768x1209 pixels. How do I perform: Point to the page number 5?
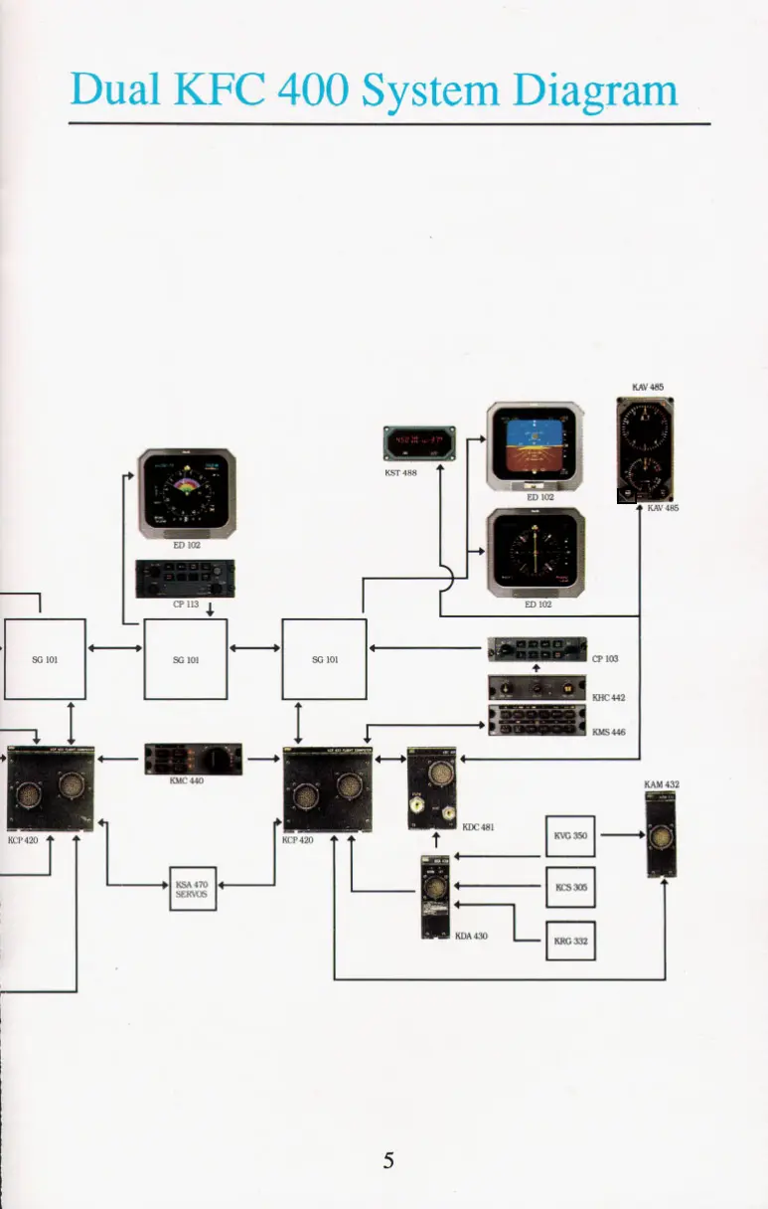pyautogui.click(x=388, y=1159)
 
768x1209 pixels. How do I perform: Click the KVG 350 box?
pyautogui.click(x=570, y=836)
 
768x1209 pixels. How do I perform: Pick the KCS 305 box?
pyautogui.click(x=570, y=888)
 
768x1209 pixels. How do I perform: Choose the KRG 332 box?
pyautogui.click(x=570, y=940)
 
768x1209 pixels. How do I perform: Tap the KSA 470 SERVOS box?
pyautogui.click(x=189, y=888)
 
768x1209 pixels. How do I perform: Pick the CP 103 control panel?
pyautogui.click(x=537, y=651)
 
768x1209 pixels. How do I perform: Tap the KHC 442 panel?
pyautogui.click(x=537, y=689)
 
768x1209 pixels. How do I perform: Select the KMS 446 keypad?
pyautogui.click(x=537, y=721)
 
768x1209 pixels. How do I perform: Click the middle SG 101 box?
pyautogui.click(x=186, y=658)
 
